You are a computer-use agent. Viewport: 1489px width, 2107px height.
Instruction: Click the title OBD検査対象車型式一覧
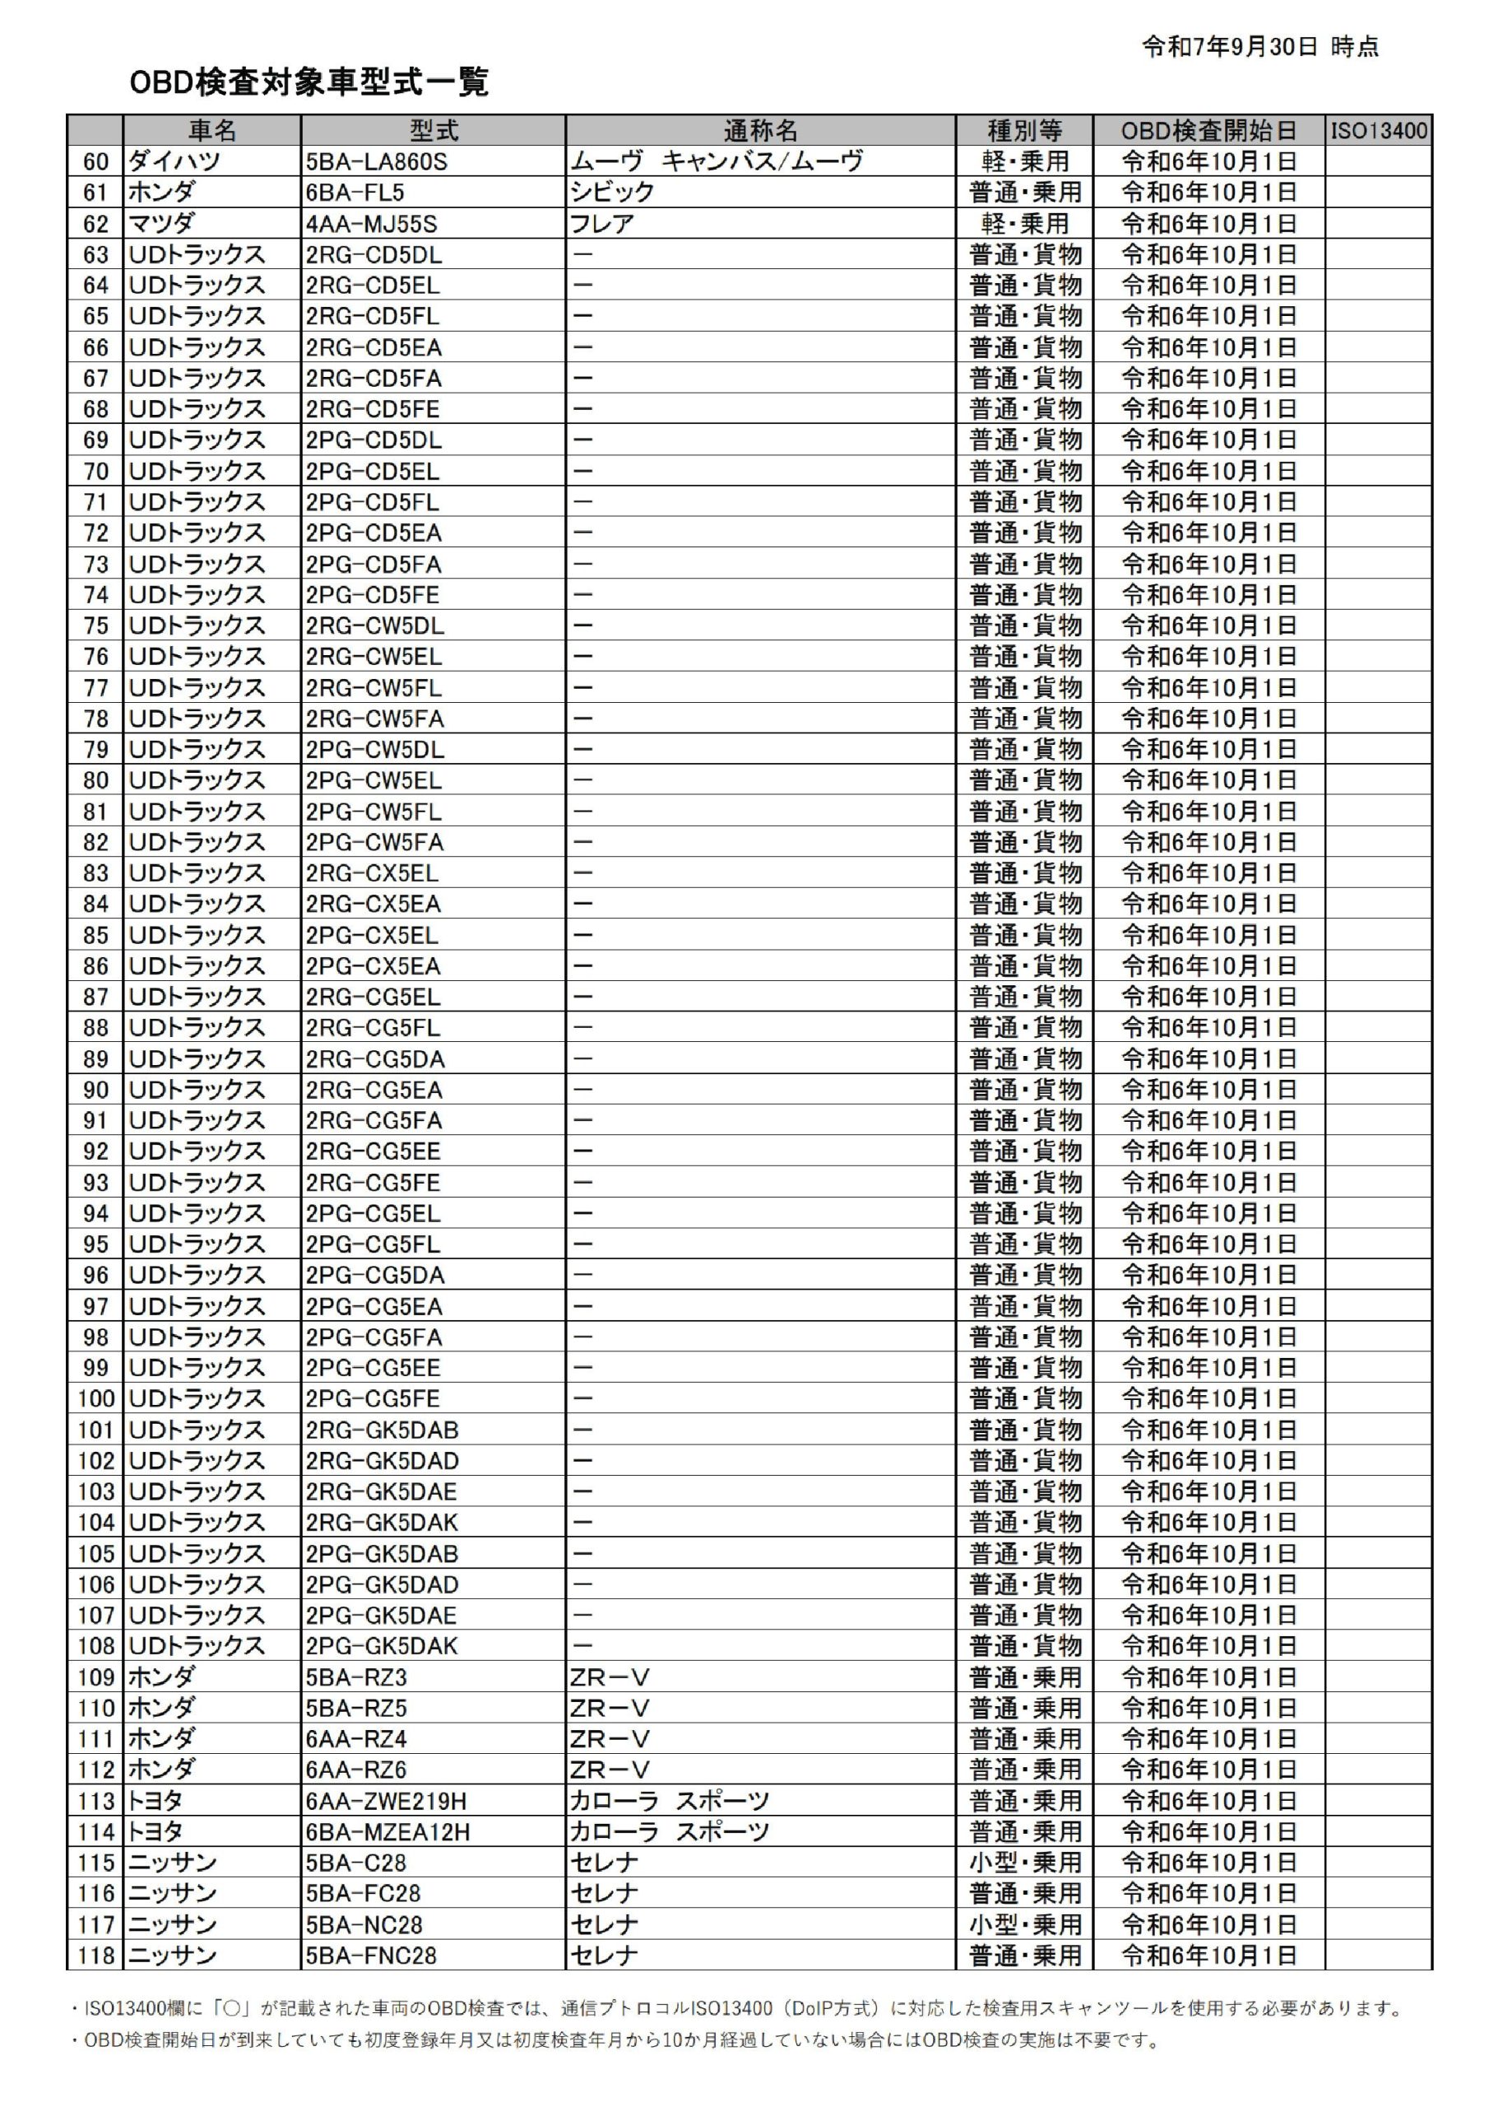coord(309,82)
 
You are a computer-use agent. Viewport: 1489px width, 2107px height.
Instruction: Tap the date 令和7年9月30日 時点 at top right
coord(1259,47)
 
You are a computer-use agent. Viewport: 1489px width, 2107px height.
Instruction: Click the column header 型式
coord(433,131)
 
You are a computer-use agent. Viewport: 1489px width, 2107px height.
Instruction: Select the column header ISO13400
coord(1378,131)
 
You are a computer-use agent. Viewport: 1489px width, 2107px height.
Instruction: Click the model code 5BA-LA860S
coord(376,162)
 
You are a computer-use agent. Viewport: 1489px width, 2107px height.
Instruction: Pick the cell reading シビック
coord(612,193)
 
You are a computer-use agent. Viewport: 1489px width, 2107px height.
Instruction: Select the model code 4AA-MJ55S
coord(372,224)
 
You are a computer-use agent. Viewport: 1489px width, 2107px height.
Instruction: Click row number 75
coord(95,626)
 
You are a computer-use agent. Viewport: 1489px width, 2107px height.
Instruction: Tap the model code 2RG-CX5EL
coord(373,873)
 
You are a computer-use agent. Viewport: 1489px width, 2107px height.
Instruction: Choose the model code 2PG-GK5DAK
coord(382,1646)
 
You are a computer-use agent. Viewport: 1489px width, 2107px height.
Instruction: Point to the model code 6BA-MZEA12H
coord(388,1833)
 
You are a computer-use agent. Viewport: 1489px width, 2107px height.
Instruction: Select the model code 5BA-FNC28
coord(372,1956)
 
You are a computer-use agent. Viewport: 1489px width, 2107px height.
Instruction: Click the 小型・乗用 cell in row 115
coord(1025,1863)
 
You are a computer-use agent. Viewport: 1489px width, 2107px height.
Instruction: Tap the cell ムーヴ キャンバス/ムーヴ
coord(717,162)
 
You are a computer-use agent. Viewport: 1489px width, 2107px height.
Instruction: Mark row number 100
coord(95,1398)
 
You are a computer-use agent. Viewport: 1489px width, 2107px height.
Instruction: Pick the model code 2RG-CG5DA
coord(375,1059)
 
